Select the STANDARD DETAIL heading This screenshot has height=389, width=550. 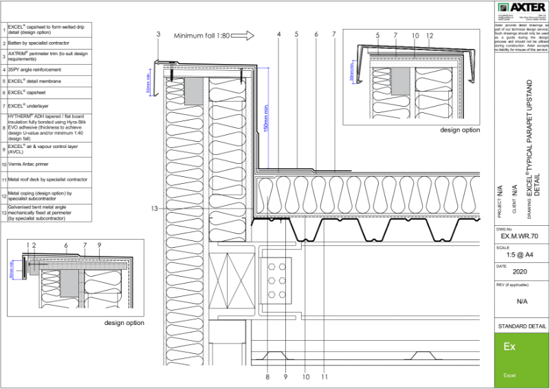click(521, 326)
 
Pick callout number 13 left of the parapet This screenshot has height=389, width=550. click(155, 208)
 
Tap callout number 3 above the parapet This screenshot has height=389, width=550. click(158, 34)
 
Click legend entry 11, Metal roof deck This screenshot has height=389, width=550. click(48, 179)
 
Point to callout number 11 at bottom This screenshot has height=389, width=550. click(324, 377)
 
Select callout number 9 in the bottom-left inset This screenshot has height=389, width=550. click(99, 244)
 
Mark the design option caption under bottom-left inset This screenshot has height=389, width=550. click(124, 322)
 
